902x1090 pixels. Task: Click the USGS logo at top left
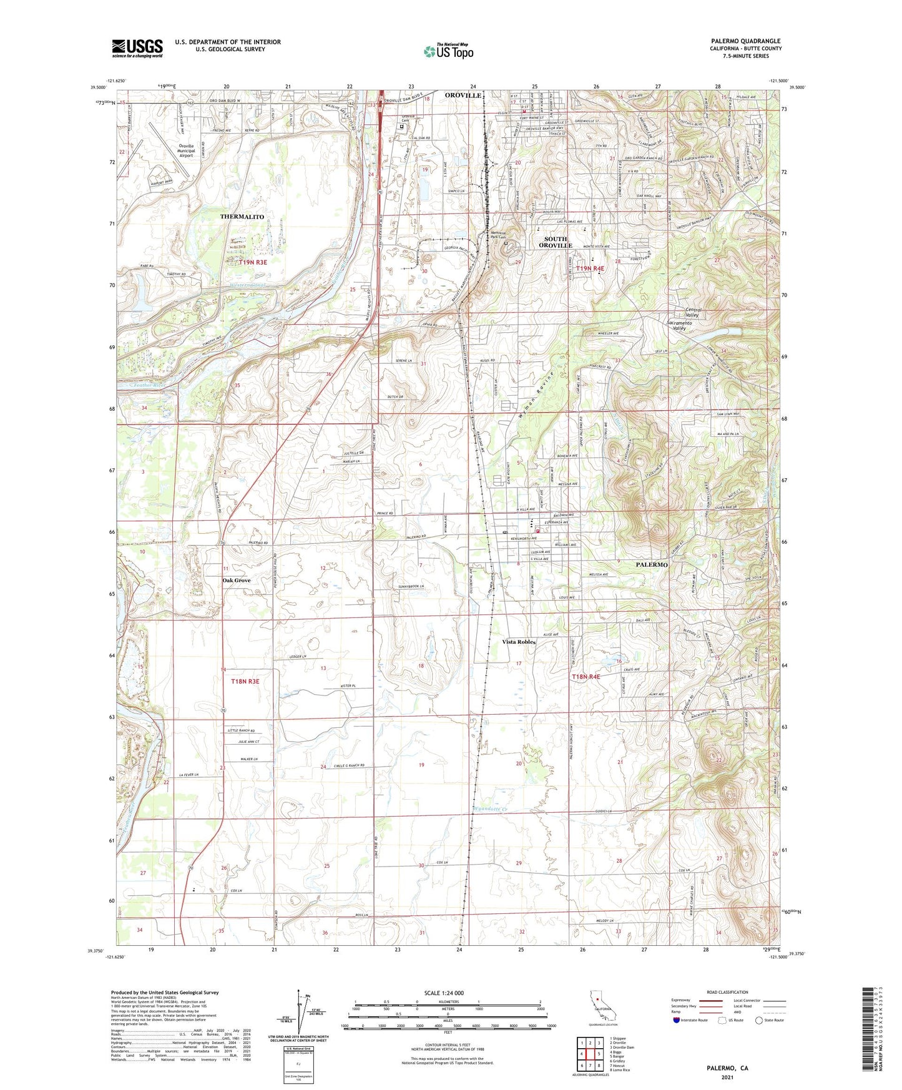point(137,48)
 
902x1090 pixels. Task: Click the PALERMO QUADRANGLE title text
point(745,41)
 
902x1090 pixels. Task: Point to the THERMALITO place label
point(242,217)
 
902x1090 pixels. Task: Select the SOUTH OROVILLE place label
point(556,242)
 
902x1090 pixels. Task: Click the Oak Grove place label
point(237,581)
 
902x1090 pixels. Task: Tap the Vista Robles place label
point(519,642)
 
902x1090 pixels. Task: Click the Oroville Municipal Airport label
point(186,150)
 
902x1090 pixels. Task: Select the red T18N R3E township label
point(245,682)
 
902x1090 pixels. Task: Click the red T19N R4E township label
point(590,268)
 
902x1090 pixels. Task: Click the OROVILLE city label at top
point(463,96)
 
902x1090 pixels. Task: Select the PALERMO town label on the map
point(652,564)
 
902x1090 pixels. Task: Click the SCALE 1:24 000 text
point(444,993)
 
